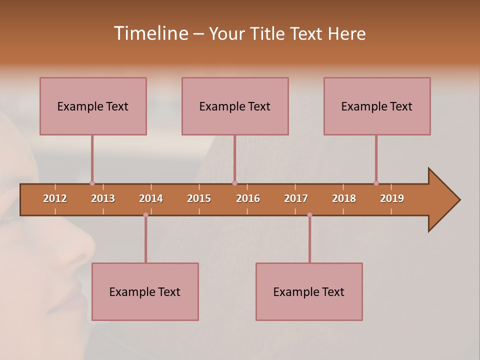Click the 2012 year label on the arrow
pos(55,198)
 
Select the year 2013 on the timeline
pos(103,198)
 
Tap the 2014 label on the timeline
pos(151,198)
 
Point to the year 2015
pos(199,198)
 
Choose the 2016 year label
pos(248,198)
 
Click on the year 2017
pos(296,198)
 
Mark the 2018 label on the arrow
pos(344,198)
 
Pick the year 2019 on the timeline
pos(392,198)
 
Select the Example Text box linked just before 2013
pos(93,106)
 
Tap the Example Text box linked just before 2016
pos(235,106)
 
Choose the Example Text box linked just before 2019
pos(377,106)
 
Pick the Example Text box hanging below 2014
pos(145,291)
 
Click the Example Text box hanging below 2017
pos(309,291)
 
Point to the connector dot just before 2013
pos(92,183)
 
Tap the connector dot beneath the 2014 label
pos(145,215)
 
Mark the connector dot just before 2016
pos(234,183)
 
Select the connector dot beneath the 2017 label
pos(309,215)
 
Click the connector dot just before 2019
pos(376,183)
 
